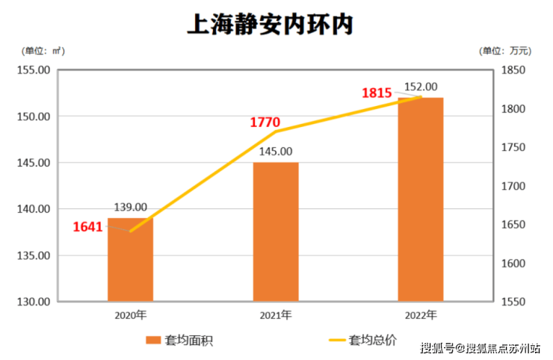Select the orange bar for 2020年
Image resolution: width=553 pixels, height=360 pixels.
coord(130,261)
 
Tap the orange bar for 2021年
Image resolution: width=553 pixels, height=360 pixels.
coord(276,232)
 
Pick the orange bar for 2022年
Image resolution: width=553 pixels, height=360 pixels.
coord(421,199)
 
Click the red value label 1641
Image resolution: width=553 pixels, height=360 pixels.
coord(87,227)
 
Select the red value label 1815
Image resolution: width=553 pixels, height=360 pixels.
coord(377,93)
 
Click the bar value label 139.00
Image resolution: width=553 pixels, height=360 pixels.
coord(130,207)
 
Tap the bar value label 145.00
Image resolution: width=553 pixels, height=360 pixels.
coord(276,151)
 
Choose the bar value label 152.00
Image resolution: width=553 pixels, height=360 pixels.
coord(421,87)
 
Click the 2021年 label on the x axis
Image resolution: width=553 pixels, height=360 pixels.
coord(276,314)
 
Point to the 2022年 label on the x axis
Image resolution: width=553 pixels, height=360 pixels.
coord(421,314)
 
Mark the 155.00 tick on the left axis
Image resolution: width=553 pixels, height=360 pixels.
coord(33,70)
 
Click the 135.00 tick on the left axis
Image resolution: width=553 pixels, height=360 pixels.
coord(33,255)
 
